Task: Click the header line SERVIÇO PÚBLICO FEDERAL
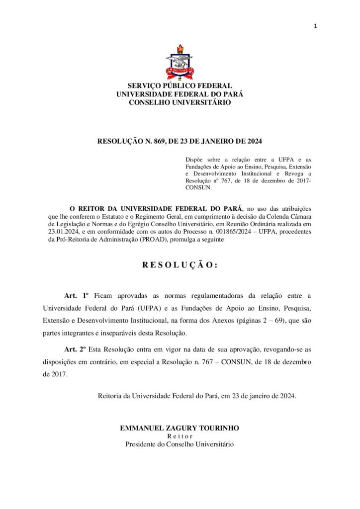(180, 85)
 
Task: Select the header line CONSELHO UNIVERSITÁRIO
(180, 102)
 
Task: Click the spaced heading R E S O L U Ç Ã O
(180, 265)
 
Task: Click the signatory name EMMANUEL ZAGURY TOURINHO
(180, 428)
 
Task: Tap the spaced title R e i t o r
(180, 436)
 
